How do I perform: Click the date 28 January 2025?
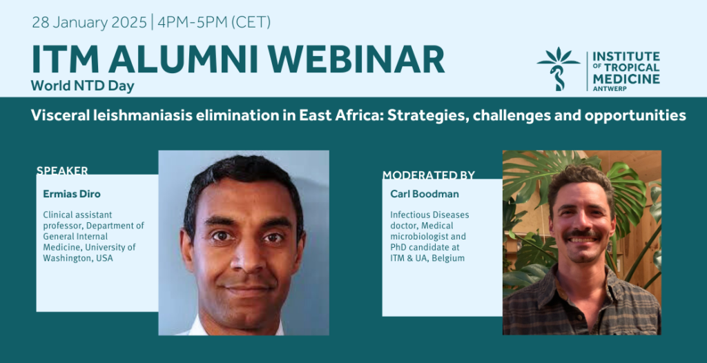(x=89, y=22)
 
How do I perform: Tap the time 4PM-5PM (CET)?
(x=214, y=22)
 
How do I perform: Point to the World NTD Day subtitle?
(x=83, y=86)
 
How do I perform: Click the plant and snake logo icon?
(x=559, y=68)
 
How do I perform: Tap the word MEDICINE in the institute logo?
(x=626, y=79)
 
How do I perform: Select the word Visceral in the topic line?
(x=57, y=115)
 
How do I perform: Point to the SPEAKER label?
(x=62, y=170)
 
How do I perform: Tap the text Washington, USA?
(x=78, y=258)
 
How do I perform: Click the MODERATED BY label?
(x=429, y=175)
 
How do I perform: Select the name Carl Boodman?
(x=418, y=195)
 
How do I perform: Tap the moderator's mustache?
(x=583, y=235)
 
